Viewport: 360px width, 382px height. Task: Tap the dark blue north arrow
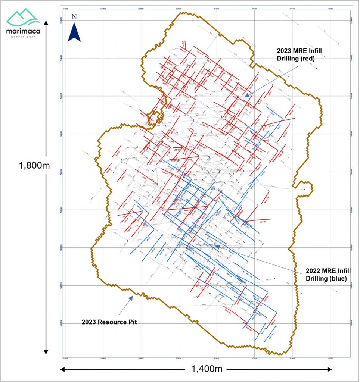[74, 32]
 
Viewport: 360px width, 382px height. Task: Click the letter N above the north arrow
[74, 16]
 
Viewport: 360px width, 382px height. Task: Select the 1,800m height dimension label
[34, 165]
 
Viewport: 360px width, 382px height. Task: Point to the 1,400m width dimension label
[204, 369]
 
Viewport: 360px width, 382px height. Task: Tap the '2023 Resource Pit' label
[109, 322]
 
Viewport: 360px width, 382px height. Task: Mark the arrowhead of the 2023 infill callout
[247, 95]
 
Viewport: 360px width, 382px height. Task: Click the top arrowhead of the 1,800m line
[46, 23]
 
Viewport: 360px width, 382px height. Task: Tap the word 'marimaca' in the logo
[23, 31]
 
